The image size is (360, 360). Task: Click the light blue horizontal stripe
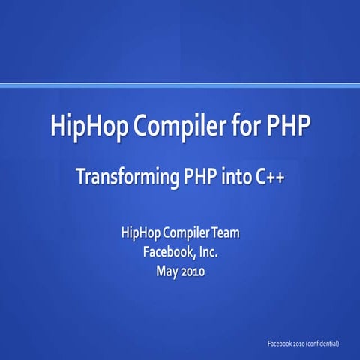[x=180, y=85]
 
